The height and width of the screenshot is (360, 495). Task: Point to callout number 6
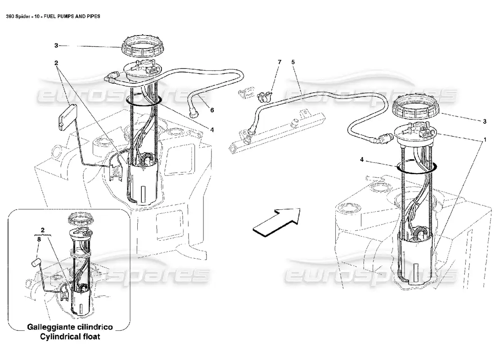coord(212,109)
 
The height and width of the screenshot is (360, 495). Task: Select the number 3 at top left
coord(56,45)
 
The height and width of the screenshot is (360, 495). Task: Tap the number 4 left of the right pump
coord(362,159)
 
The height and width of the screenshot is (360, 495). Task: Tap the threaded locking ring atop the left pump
coord(141,47)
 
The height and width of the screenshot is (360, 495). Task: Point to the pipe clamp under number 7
coord(263,95)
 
